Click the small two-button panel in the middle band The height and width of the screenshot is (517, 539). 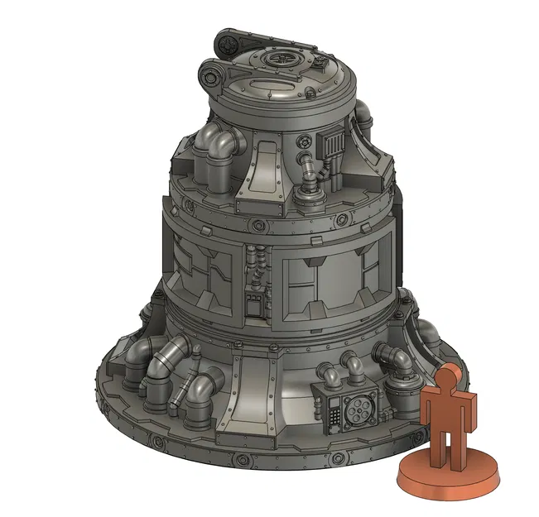[255, 299]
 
